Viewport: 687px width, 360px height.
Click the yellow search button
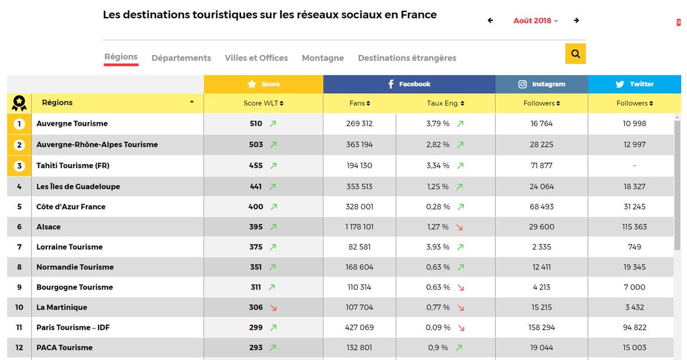(575, 54)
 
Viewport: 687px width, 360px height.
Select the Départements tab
(181, 58)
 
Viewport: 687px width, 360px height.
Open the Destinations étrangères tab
(407, 58)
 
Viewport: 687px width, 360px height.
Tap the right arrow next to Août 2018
(577, 21)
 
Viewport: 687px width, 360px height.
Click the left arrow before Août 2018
(490, 21)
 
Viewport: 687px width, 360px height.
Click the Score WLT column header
(263, 104)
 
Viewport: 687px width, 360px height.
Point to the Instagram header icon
(522, 84)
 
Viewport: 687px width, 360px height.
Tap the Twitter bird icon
(619, 84)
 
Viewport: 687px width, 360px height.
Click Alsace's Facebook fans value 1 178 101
(360, 227)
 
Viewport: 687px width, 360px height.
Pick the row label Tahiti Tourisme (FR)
(73, 166)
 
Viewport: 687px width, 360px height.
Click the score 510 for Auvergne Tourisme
(256, 124)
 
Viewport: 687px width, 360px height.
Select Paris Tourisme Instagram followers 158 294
(542, 328)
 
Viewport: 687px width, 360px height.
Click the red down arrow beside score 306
(273, 308)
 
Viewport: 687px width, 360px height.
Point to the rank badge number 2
(19, 145)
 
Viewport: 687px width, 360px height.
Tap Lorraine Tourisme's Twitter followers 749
(634, 247)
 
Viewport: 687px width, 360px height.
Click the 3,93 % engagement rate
(438, 247)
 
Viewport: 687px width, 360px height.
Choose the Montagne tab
(323, 58)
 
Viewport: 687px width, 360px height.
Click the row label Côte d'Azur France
(71, 207)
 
